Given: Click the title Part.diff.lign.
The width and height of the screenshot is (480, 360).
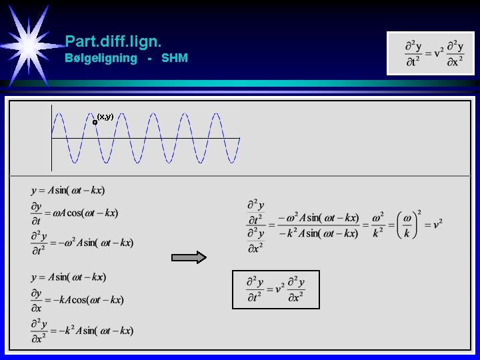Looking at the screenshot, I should (x=113, y=41).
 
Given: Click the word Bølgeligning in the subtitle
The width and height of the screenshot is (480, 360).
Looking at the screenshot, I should (x=101, y=58).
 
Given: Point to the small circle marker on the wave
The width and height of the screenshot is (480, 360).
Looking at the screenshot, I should (x=95, y=122).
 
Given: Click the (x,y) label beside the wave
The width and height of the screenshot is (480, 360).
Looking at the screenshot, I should (x=105, y=117).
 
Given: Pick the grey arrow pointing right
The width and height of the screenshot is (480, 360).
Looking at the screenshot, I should (x=189, y=257).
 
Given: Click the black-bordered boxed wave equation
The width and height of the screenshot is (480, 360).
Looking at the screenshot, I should (x=275, y=289).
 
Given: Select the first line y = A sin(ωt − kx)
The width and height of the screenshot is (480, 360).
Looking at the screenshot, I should (x=68, y=191).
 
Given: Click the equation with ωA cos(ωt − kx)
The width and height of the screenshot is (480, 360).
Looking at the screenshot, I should (x=74, y=213).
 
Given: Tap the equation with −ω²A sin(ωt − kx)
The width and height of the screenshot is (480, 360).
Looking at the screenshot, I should (x=82, y=243).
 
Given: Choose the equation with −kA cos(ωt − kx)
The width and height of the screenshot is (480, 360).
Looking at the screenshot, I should (x=77, y=300).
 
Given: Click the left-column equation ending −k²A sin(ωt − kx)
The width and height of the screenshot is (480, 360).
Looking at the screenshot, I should (x=82, y=330).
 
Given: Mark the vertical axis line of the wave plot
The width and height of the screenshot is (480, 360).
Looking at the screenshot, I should (x=51, y=138).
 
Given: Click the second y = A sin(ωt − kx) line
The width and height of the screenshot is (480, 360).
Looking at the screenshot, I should (x=68, y=277).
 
